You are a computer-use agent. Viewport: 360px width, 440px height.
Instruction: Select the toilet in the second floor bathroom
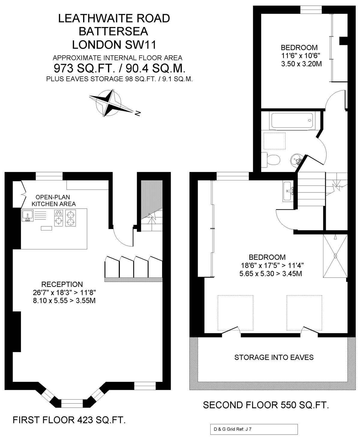[x=270, y=159]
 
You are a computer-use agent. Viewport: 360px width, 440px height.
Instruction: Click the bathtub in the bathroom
[x=292, y=121]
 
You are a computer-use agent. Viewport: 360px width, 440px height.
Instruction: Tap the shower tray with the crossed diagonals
[x=335, y=256]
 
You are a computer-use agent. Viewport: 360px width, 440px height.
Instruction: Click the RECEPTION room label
[x=62, y=284]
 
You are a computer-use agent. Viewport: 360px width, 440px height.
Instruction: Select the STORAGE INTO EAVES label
[x=274, y=357]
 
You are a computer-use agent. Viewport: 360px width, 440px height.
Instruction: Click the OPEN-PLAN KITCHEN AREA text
[x=53, y=201]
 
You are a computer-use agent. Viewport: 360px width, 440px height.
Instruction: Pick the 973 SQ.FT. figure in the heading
[x=84, y=68]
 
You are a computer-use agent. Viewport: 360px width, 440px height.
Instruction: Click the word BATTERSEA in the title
[x=113, y=31]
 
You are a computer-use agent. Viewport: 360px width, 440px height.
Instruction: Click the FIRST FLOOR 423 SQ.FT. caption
[x=69, y=420]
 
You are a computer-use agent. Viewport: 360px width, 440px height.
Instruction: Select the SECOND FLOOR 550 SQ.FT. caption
[x=266, y=405]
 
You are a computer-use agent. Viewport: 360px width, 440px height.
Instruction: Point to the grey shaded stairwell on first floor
[x=152, y=199]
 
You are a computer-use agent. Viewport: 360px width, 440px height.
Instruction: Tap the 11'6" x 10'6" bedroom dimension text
[x=301, y=56]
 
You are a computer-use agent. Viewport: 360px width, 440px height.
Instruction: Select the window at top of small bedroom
[x=311, y=10]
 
